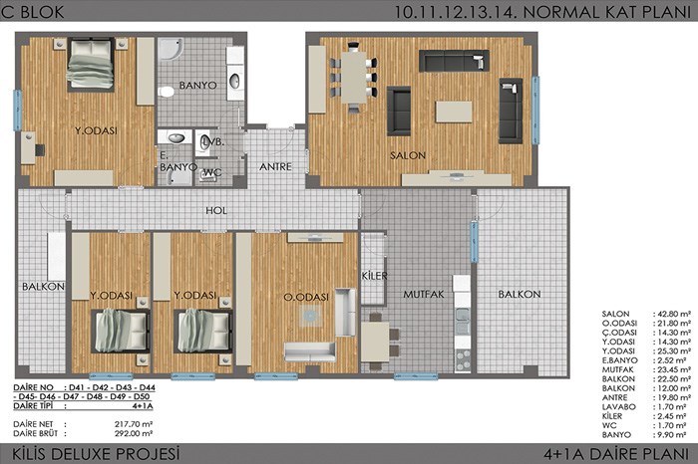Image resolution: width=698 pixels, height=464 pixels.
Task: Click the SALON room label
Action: point(408,155)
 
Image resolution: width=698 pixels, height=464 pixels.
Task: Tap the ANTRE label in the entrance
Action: point(275,166)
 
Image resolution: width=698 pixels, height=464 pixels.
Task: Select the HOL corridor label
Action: point(216,211)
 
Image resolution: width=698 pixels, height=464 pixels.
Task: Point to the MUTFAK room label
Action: point(424,294)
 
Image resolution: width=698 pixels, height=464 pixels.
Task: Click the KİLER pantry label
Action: point(374,276)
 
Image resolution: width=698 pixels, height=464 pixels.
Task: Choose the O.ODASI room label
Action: point(306,297)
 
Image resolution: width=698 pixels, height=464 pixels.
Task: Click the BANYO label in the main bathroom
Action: point(198,86)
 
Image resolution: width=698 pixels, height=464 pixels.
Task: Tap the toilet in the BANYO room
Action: point(166,92)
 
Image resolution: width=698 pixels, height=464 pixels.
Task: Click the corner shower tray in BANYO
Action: point(171,49)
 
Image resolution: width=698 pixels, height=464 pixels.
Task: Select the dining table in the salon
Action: point(354,78)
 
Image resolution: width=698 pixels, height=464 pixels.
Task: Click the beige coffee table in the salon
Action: point(454,112)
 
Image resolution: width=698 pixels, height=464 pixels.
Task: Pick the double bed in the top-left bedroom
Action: point(91,65)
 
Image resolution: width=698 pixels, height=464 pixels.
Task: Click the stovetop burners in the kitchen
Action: point(463,356)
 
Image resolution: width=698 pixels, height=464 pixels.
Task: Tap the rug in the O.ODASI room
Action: point(311,316)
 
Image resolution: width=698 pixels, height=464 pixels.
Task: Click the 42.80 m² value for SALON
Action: point(672,314)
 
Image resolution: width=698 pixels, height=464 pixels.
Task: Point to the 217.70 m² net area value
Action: point(134,424)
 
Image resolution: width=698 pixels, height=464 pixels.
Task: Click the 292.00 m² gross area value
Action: point(134,433)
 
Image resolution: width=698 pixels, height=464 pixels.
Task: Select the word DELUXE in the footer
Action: point(84,454)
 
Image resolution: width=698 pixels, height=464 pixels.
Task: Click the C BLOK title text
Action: point(33,12)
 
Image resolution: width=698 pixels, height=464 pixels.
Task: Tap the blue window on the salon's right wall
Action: point(535,111)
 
